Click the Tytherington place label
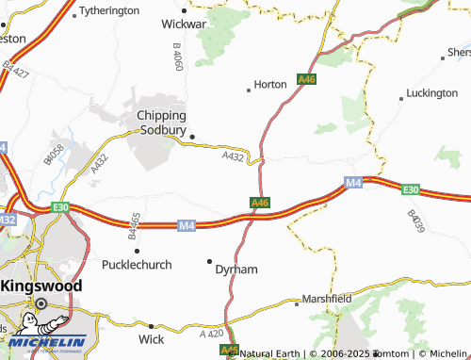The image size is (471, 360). pyautogui.click(x=110, y=11)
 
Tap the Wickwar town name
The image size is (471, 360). pyautogui.click(x=185, y=22)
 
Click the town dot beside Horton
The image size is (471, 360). pyautogui.click(x=249, y=90)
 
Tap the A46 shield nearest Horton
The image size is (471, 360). pyautogui.click(x=306, y=82)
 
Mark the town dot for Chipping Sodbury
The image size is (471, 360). pyautogui.click(x=192, y=137)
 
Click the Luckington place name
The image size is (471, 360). pyautogui.click(x=430, y=94)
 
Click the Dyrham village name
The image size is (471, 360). pyautogui.click(x=236, y=270)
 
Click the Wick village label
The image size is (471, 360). pyautogui.click(x=151, y=338)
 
